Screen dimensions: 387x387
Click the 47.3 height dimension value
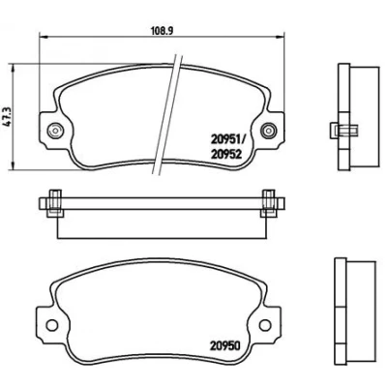pyautogui.click(x=8, y=117)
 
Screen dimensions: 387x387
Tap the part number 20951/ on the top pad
pyautogui.click(x=228, y=139)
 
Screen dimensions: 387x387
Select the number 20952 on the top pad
pyautogui.click(x=226, y=155)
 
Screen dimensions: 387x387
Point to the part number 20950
pyautogui.click(x=226, y=346)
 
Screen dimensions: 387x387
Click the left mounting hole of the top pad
pyautogui.click(x=55, y=131)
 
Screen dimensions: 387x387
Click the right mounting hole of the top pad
pyautogui.click(x=269, y=131)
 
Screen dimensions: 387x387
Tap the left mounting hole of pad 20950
pyautogui.click(x=51, y=325)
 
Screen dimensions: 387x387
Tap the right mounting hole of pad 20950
pyautogui.click(x=265, y=325)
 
